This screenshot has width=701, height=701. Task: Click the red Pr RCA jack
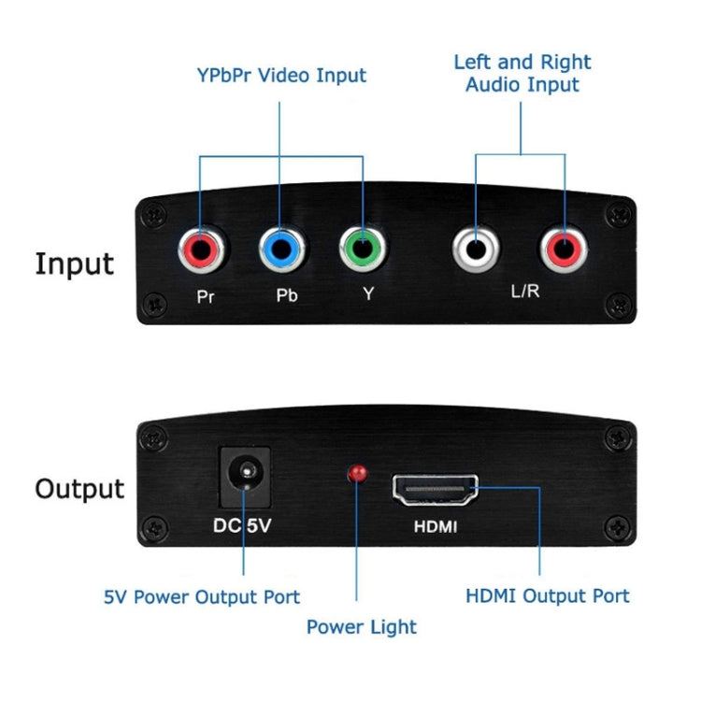pos(200,250)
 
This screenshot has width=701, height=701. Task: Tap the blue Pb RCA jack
pos(281,250)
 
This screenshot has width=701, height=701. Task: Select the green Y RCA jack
pos(363,250)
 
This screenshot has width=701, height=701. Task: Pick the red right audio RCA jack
pos(564,250)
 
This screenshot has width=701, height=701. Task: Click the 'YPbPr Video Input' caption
pos(280,76)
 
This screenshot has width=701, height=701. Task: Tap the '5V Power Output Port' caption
pos(202,596)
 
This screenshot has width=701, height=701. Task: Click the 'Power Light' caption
pos(362,627)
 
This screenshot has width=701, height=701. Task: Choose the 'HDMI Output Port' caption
pos(547,595)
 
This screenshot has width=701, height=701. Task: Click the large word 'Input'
pos(75,265)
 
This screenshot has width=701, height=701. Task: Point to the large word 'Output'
pos(79,488)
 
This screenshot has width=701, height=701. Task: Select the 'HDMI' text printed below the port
pos(436,527)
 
